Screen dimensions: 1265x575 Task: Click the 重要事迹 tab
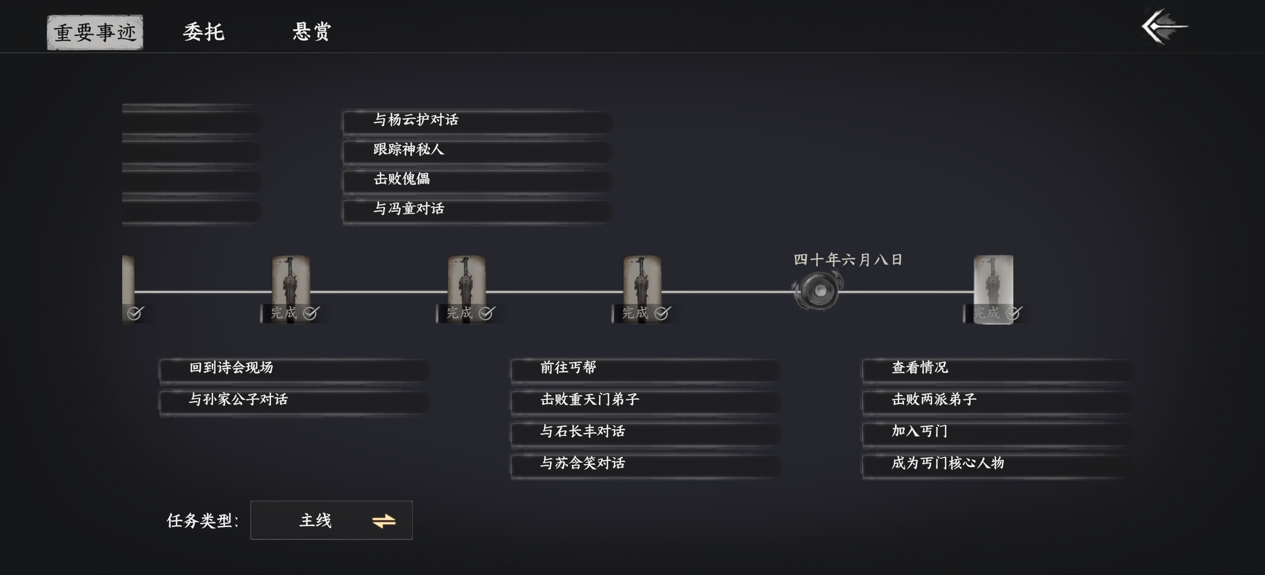point(95,32)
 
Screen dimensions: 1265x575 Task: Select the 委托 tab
point(204,32)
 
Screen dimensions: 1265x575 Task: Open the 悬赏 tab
point(312,32)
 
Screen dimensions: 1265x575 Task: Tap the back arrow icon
point(1164,26)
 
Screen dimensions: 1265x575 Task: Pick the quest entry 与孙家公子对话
point(293,400)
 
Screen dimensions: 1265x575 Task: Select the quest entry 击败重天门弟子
point(645,400)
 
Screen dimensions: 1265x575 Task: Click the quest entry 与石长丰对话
point(645,432)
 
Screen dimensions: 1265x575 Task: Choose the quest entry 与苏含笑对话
point(645,464)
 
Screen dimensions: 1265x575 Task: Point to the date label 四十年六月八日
point(848,260)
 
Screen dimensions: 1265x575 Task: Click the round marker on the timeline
point(818,291)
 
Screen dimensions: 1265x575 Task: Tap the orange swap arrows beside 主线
point(383,521)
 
